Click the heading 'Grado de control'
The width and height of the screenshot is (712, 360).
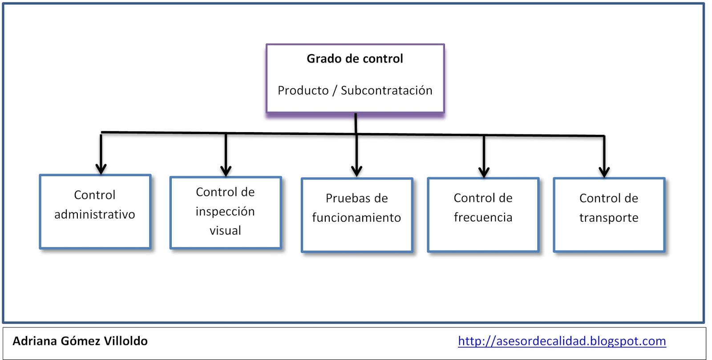click(355, 59)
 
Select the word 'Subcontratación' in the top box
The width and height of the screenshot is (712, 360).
click(386, 90)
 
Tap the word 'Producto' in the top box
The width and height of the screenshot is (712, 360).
click(303, 90)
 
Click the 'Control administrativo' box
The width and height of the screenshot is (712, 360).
click(95, 211)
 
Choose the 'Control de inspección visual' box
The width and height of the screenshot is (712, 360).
click(226, 212)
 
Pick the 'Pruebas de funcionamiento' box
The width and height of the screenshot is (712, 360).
click(357, 215)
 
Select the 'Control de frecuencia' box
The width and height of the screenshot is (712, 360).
click(483, 215)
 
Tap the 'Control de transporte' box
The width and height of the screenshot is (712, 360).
click(609, 215)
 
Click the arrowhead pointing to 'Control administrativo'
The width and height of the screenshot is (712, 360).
click(101, 169)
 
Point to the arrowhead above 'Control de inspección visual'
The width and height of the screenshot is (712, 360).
click(226, 171)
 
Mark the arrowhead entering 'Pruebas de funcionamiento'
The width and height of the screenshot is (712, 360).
click(356, 171)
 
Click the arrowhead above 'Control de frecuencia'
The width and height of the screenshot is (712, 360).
click(484, 172)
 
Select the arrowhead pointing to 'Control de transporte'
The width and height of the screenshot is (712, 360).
click(604, 172)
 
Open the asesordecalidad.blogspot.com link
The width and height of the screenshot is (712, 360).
click(562, 341)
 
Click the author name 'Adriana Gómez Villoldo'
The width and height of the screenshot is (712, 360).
click(80, 341)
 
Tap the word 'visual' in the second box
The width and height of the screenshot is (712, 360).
click(225, 231)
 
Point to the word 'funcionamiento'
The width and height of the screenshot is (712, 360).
click(356, 218)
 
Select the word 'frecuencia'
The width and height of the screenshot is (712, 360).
click(483, 218)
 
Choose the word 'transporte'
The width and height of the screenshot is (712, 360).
click(609, 218)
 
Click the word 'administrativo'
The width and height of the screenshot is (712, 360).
click(95, 214)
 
